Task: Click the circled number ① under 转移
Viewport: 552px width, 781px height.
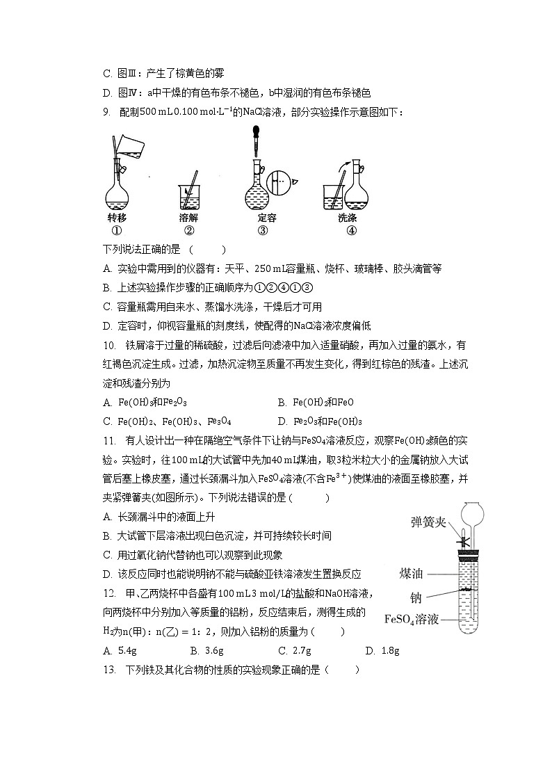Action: click(x=117, y=232)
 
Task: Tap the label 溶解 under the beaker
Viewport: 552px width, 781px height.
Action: click(x=189, y=218)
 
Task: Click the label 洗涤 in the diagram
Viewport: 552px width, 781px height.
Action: click(x=347, y=218)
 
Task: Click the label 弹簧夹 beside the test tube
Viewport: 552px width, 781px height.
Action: click(x=428, y=522)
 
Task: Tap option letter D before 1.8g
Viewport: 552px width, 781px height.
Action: click(x=369, y=650)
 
